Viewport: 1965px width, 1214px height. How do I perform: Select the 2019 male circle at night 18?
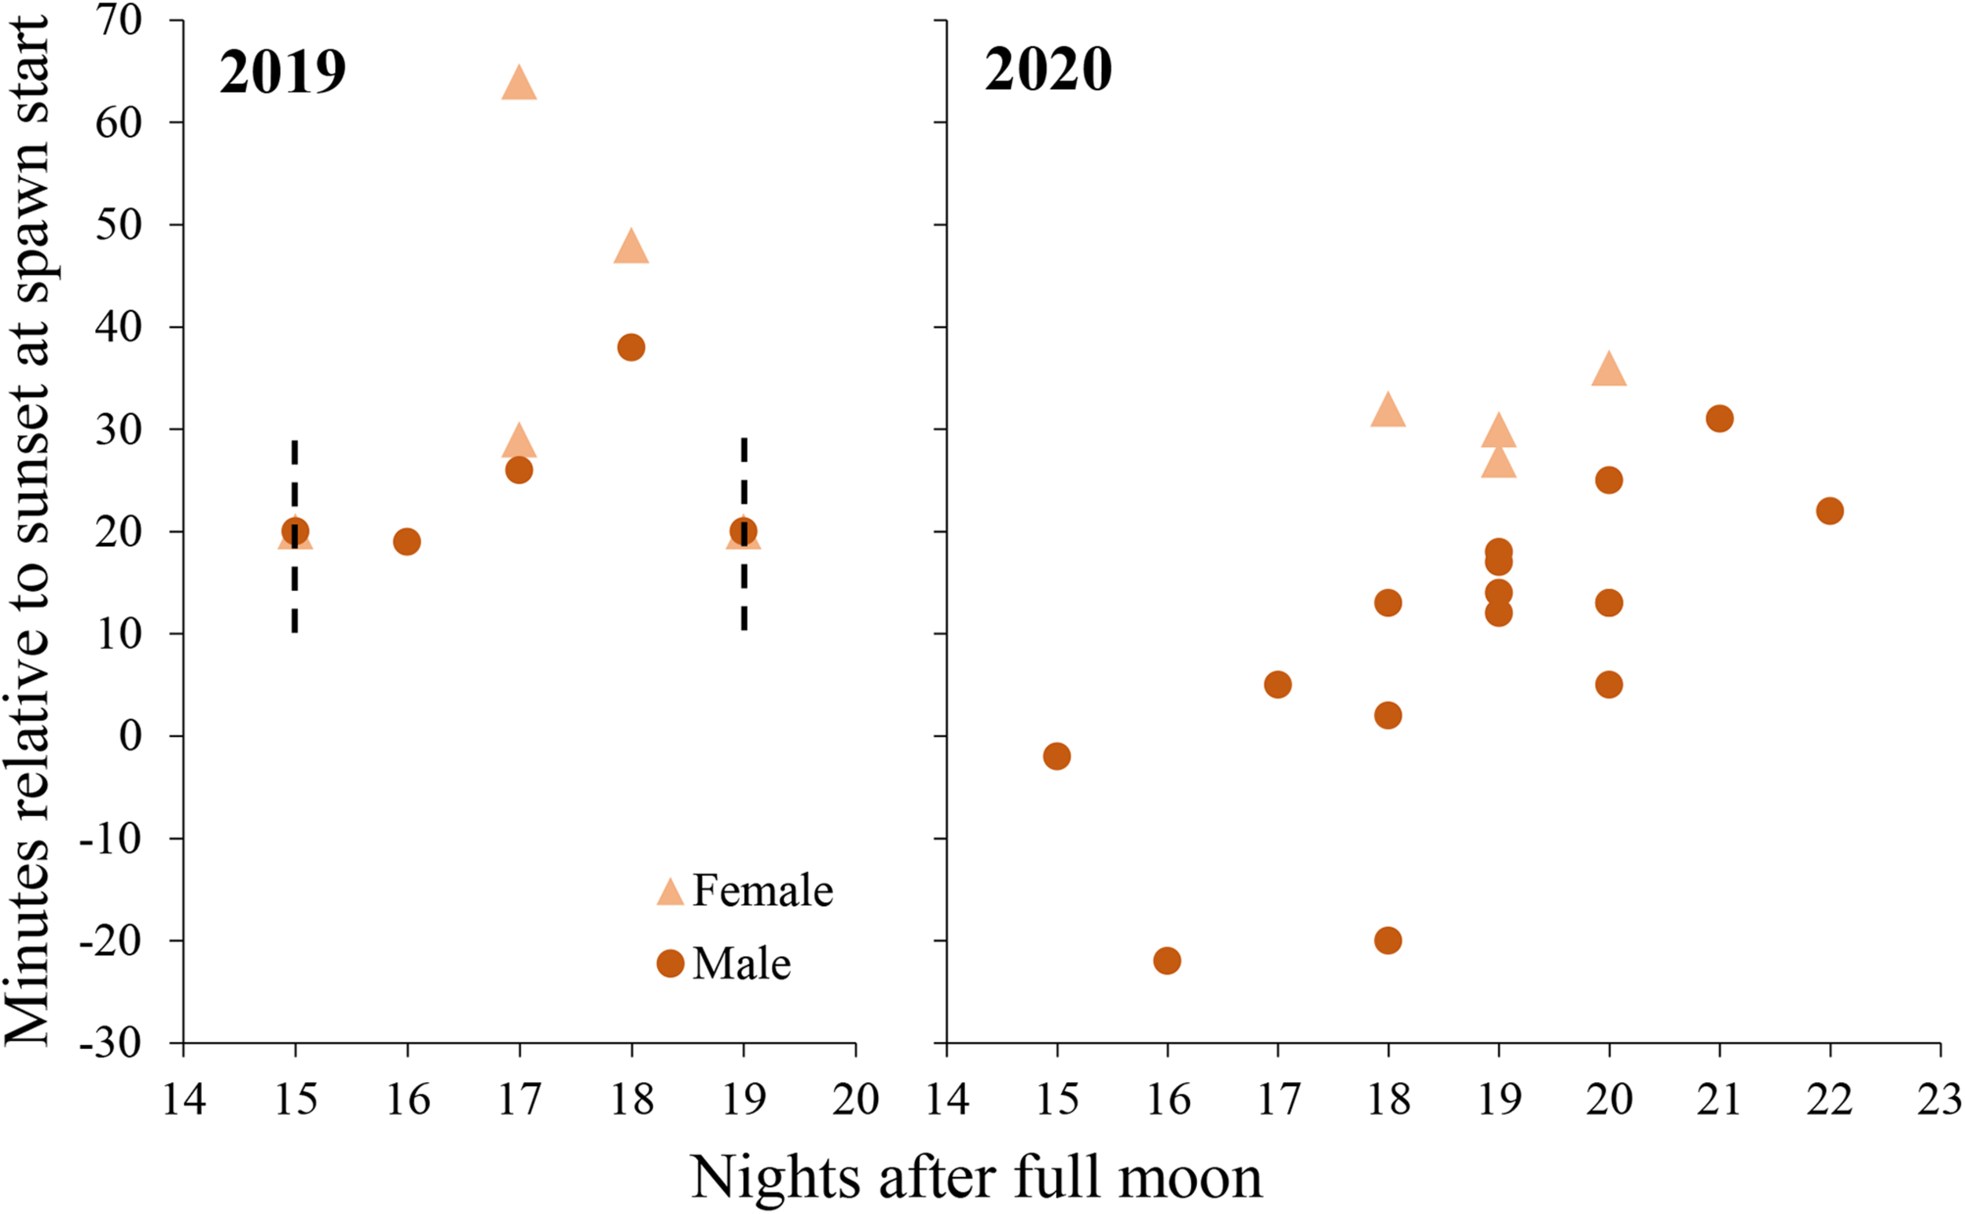631,347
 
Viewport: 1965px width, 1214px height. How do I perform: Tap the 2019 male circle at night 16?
407,542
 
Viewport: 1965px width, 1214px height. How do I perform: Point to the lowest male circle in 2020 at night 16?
1166,960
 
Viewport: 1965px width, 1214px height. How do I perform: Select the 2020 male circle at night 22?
1829,511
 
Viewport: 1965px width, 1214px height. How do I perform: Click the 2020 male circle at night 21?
1719,418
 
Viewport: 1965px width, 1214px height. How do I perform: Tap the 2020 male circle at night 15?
1057,756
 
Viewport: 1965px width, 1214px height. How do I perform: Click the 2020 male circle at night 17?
1277,685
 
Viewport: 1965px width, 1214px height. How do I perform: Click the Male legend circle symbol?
670,963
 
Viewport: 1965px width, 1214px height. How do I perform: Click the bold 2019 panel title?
283,72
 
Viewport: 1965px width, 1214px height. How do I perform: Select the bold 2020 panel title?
1048,70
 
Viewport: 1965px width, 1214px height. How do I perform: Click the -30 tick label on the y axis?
111,1043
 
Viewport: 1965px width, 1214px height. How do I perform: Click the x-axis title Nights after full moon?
975,1177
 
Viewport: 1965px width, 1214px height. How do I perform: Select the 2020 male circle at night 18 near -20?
1387,941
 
